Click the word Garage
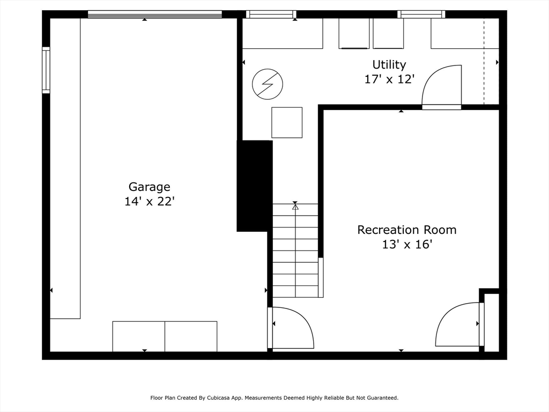149,187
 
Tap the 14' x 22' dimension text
149,202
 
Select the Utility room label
389,65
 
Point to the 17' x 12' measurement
389,79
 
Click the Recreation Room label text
407,230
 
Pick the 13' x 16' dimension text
407,245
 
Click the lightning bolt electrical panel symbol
268,84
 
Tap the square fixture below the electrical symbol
287,123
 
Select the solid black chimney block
255,186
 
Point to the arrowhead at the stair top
295,205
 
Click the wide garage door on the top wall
155,14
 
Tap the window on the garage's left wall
46,70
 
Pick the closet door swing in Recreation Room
457,325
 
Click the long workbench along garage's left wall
65,168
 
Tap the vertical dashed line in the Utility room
484,62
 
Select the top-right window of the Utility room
421,14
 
